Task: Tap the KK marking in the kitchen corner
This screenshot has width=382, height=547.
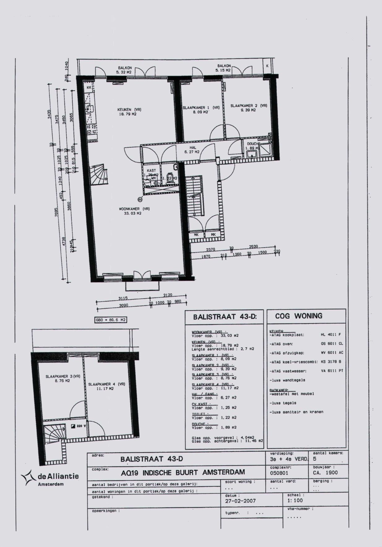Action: coord(89,88)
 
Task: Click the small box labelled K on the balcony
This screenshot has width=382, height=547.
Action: coord(267,66)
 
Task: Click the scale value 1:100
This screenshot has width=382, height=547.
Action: coord(295,501)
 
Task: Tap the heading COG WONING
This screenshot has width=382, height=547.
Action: coord(298,316)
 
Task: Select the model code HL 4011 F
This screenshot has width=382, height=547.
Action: coord(331,335)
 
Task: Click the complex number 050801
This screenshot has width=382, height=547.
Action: coord(279,473)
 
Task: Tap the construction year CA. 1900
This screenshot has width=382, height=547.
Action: coord(325,473)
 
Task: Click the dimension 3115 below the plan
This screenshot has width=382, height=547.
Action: coord(123,298)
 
